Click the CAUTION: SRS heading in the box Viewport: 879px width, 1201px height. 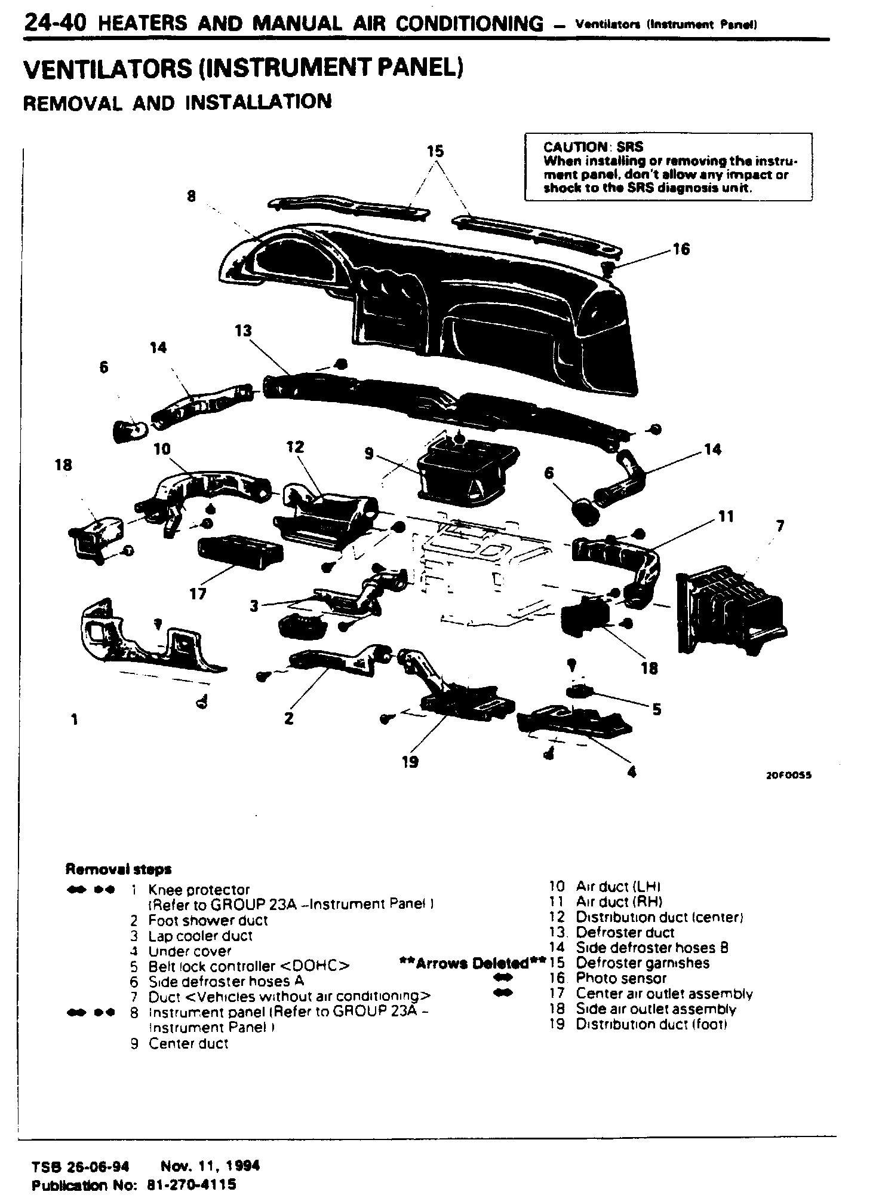pyautogui.click(x=593, y=147)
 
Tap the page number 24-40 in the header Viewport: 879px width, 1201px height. pyautogui.click(x=55, y=23)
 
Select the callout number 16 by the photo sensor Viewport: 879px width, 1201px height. pyautogui.click(x=681, y=249)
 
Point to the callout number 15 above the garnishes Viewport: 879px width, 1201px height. pyautogui.click(x=435, y=151)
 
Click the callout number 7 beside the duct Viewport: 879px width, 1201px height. pyautogui.click(x=780, y=526)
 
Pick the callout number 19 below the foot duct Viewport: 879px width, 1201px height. pyautogui.click(x=410, y=762)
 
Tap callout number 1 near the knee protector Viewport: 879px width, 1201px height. pyautogui.click(x=74, y=720)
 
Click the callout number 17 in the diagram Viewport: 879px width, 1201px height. pyautogui.click(x=198, y=593)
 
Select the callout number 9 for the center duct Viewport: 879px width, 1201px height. pyautogui.click(x=369, y=454)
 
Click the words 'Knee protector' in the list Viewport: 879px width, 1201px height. pyautogui.click(x=199, y=890)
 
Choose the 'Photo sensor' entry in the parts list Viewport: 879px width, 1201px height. pyautogui.click(x=621, y=979)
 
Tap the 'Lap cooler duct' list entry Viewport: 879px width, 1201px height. pyautogui.click(x=200, y=936)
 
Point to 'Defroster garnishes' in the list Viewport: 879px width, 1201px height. pyautogui.click(x=643, y=963)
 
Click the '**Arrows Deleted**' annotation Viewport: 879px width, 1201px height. pyautogui.click(x=472, y=963)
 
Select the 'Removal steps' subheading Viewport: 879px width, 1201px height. pyautogui.click(x=118, y=869)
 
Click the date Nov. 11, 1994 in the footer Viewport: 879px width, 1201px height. pyautogui.click(x=210, y=1166)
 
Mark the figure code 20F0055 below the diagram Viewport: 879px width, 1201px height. pyautogui.click(x=789, y=776)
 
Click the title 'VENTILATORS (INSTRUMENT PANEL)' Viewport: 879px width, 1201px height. pyautogui.click(x=243, y=69)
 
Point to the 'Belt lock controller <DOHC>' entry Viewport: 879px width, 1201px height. pyautogui.click(x=248, y=967)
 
